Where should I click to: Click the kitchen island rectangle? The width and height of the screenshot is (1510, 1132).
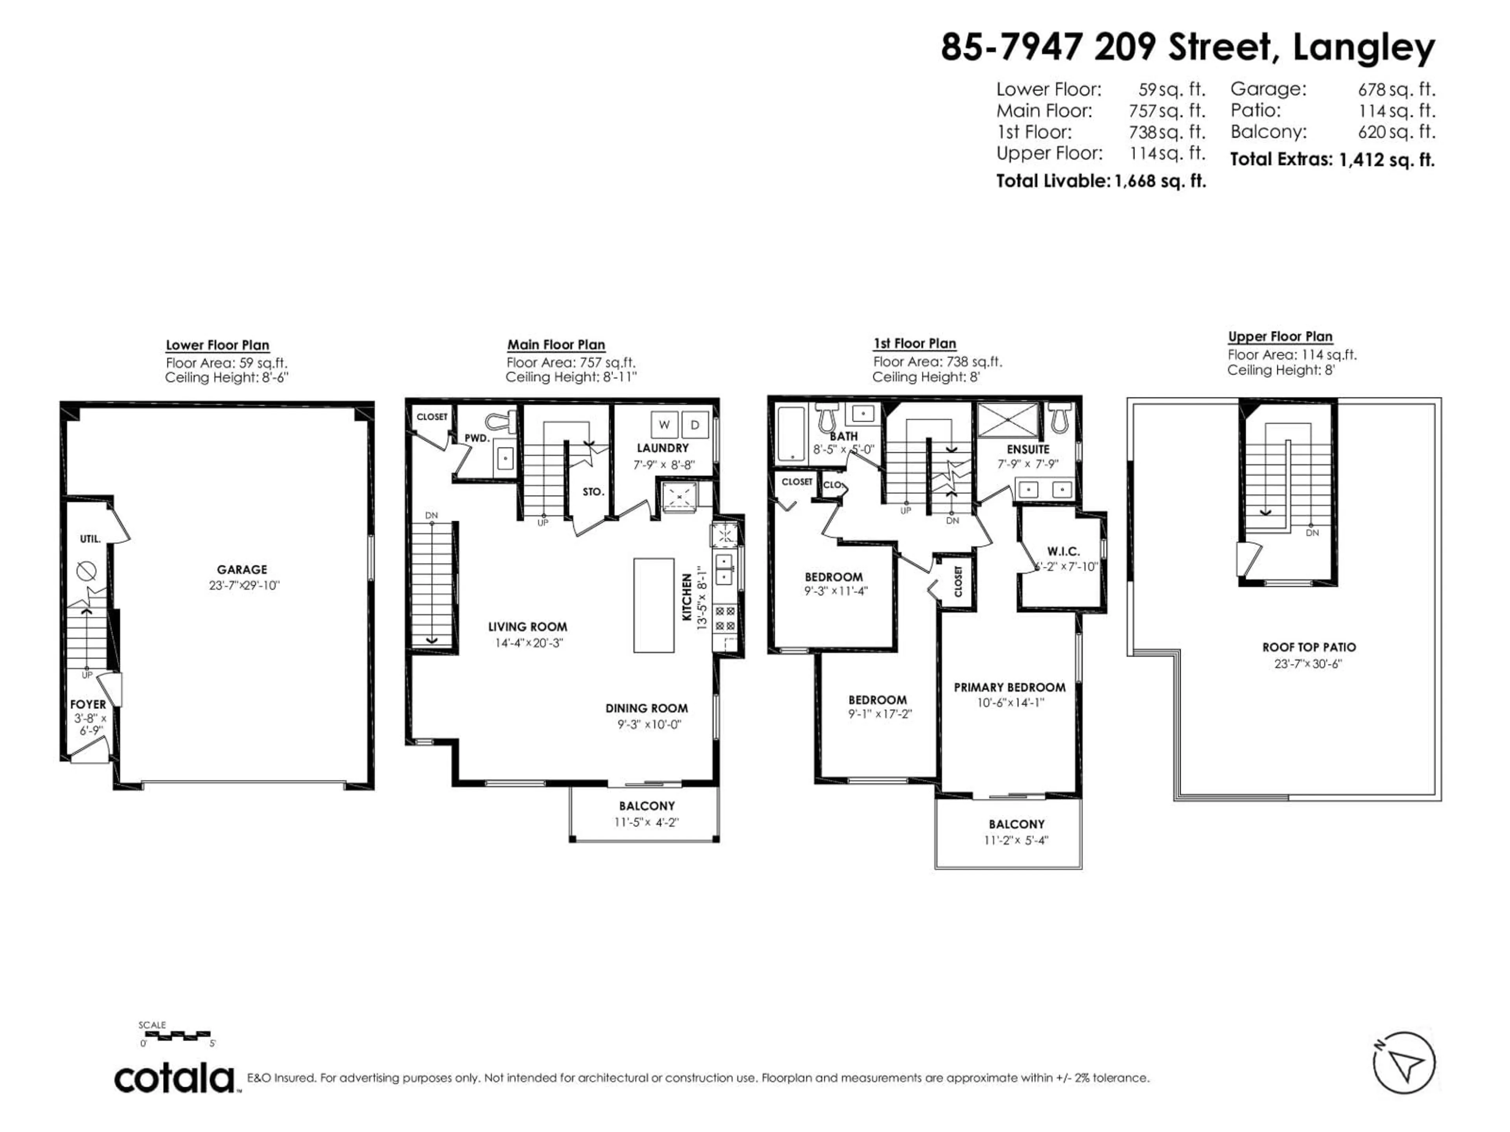pyautogui.click(x=653, y=605)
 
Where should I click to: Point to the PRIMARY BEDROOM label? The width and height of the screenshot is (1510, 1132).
pyautogui.click(x=1009, y=687)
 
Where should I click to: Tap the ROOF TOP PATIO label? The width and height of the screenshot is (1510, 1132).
pyautogui.click(x=1309, y=647)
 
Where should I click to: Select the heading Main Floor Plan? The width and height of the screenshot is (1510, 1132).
pyautogui.click(x=556, y=345)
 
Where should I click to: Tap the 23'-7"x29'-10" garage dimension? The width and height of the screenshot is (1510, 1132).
pyautogui.click(x=244, y=585)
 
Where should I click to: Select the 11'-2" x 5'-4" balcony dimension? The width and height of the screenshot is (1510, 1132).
pyautogui.click(x=1016, y=841)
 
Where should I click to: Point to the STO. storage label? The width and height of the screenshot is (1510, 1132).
pyautogui.click(x=593, y=491)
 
